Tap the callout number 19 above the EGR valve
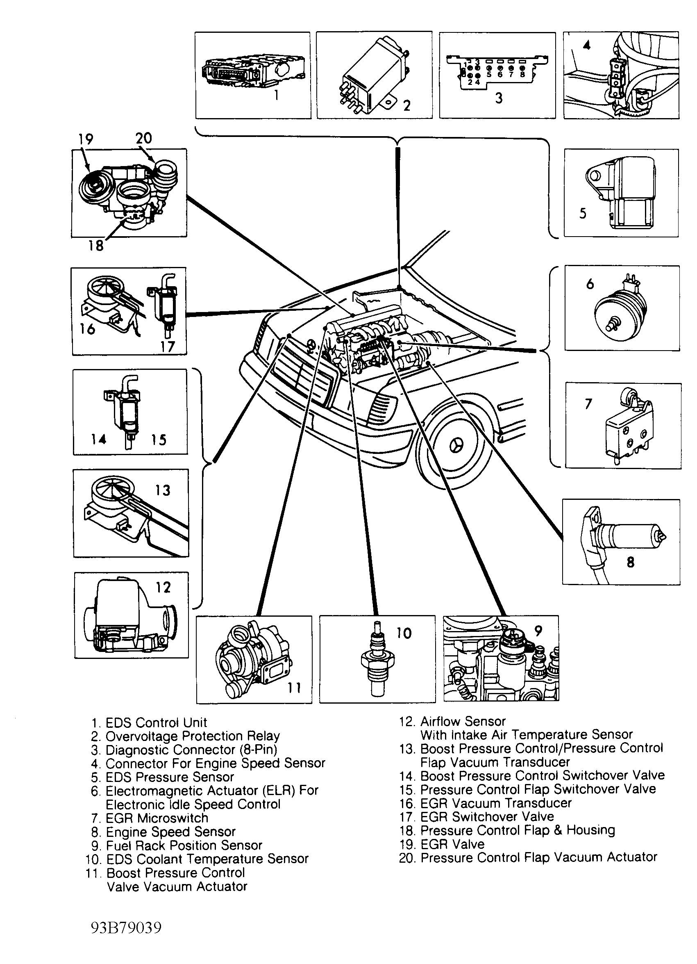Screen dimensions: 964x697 coord(85,139)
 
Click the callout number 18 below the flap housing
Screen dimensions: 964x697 coord(96,245)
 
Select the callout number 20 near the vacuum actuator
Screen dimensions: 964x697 coord(144,138)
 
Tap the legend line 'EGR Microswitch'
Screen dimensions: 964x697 coord(157,818)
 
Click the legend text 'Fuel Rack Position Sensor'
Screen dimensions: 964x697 coord(184,845)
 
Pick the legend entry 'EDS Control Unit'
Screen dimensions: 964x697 coord(156,722)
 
